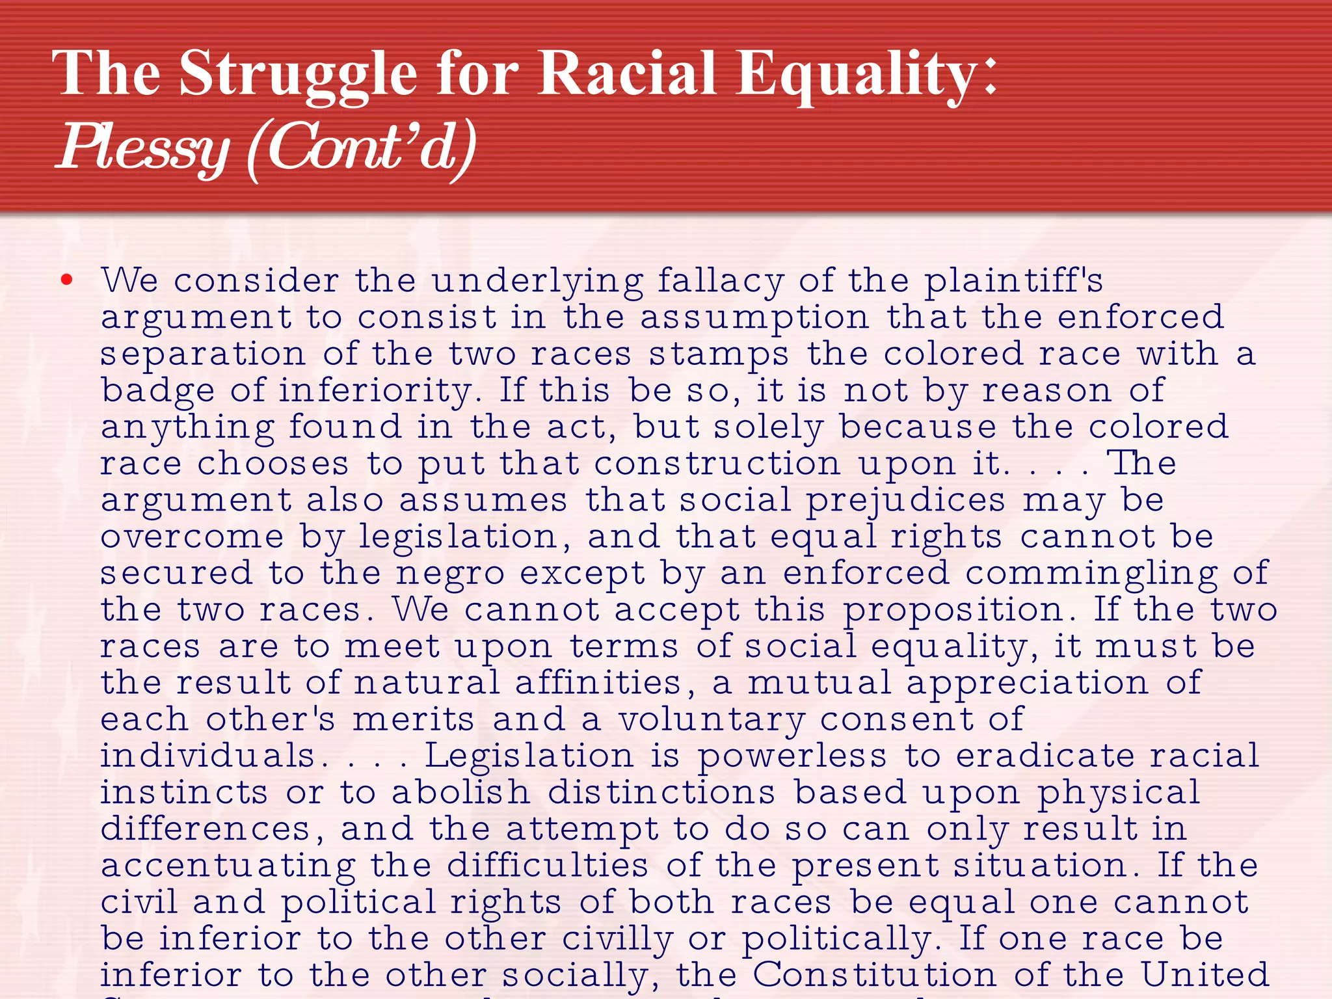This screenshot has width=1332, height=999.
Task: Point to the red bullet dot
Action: click(66, 280)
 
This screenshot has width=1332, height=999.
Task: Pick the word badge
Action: click(157, 391)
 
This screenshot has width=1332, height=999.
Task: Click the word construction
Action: click(717, 464)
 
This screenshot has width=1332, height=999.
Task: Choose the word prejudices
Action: click(906, 501)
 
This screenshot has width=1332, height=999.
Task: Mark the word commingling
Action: click(1091, 574)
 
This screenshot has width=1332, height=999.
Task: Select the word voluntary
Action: click(711, 719)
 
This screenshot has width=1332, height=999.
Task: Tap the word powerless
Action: click(792, 756)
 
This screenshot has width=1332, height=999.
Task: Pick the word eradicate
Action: click(1044, 756)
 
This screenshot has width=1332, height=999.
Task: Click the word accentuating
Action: click(228, 866)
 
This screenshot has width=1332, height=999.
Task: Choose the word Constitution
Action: click(874, 975)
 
